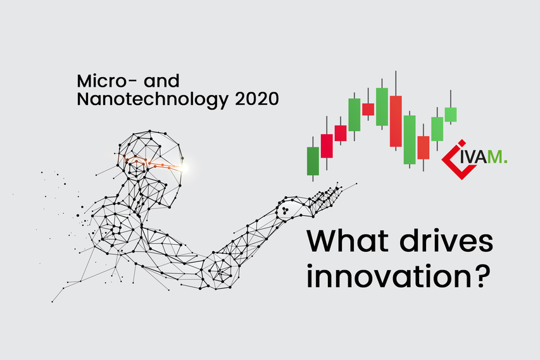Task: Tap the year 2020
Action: (257, 99)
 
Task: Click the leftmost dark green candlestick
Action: (313, 161)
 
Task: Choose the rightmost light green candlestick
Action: (451, 115)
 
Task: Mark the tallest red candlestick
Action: (396, 121)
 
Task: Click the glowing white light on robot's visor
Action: (185, 168)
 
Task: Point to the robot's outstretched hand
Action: (325, 200)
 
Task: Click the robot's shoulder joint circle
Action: (115, 228)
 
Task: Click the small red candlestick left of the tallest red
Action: (368, 109)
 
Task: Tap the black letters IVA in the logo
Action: (472, 158)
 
